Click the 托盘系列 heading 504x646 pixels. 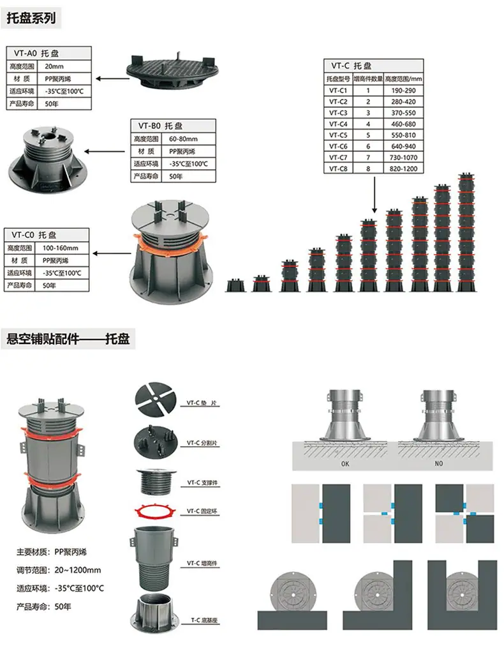(x=31, y=18)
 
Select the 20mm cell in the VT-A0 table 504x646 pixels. (x=54, y=66)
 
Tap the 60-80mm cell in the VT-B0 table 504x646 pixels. (x=183, y=139)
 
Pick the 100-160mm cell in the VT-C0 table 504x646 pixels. (x=60, y=248)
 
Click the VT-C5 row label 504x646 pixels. (x=338, y=135)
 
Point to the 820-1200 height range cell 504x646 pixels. (x=403, y=169)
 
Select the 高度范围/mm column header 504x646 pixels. (x=404, y=79)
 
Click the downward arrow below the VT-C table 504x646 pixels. (x=374, y=195)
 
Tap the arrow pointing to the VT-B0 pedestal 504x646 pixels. (x=105, y=152)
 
